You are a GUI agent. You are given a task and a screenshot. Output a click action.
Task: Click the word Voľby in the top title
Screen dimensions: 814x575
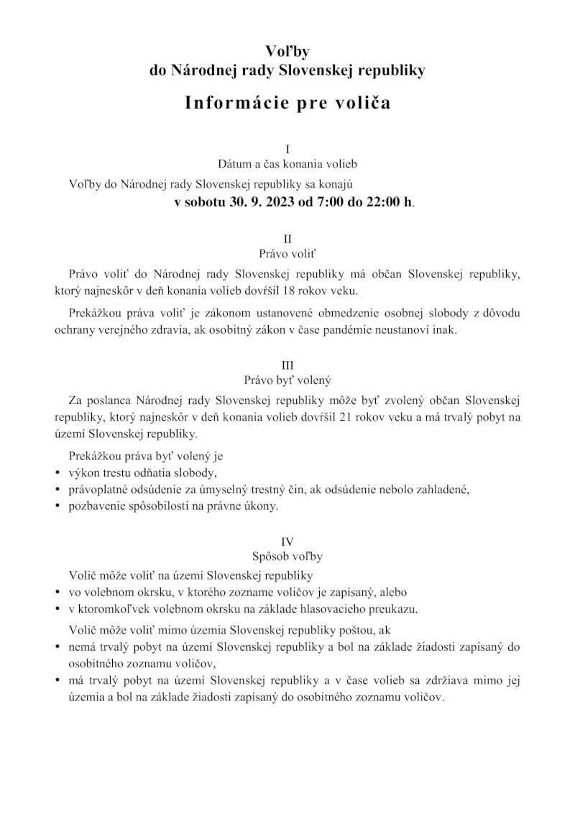pyautogui.click(x=287, y=51)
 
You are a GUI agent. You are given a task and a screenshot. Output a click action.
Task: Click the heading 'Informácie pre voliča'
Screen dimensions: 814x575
pyautogui.click(x=287, y=102)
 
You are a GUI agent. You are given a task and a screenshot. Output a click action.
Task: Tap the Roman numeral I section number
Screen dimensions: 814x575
pyautogui.click(x=287, y=150)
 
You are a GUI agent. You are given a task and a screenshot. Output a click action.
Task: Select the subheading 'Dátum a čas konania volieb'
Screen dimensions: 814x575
pyautogui.click(x=287, y=165)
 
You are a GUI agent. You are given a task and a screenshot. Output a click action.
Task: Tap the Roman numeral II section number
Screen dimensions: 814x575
pyautogui.click(x=287, y=238)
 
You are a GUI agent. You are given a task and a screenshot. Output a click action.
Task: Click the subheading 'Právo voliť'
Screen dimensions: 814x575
pyautogui.click(x=287, y=253)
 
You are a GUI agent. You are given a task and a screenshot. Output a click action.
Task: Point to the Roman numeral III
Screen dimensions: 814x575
pyautogui.click(x=287, y=365)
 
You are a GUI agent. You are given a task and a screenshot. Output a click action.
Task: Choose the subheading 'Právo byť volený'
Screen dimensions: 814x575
pyautogui.click(x=287, y=380)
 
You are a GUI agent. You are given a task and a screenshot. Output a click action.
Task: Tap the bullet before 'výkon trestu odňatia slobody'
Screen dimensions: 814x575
pyautogui.click(x=57, y=473)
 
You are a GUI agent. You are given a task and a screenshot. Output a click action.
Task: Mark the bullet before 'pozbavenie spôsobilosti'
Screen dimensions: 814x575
pyautogui.click(x=57, y=506)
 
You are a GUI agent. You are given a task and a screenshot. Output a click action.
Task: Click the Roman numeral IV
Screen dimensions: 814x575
pyautogui.click(x=287, y=541)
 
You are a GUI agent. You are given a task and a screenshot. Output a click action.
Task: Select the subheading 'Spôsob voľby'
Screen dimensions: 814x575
pyautogui.click(x=287, y=557)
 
